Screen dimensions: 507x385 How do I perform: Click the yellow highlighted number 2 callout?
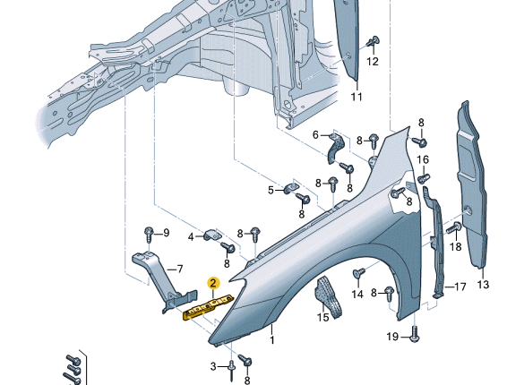tap(213, 283)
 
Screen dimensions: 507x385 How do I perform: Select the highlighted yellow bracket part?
tap(208, 307)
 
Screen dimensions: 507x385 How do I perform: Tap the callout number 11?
tap(357, 97)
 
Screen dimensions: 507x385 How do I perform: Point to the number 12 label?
tap(373, 62)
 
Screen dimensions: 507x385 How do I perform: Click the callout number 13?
tap(483, 285)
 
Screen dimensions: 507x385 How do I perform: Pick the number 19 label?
tap(392, 337)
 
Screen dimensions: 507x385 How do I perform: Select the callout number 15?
tap(322, 317)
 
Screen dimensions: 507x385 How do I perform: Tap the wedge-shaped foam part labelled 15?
tap(328, 296)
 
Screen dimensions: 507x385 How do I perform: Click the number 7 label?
tap(179, 269)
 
